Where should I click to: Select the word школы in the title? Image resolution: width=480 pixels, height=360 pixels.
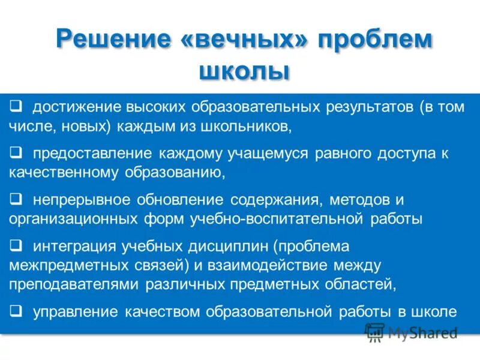click(244, 71)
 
